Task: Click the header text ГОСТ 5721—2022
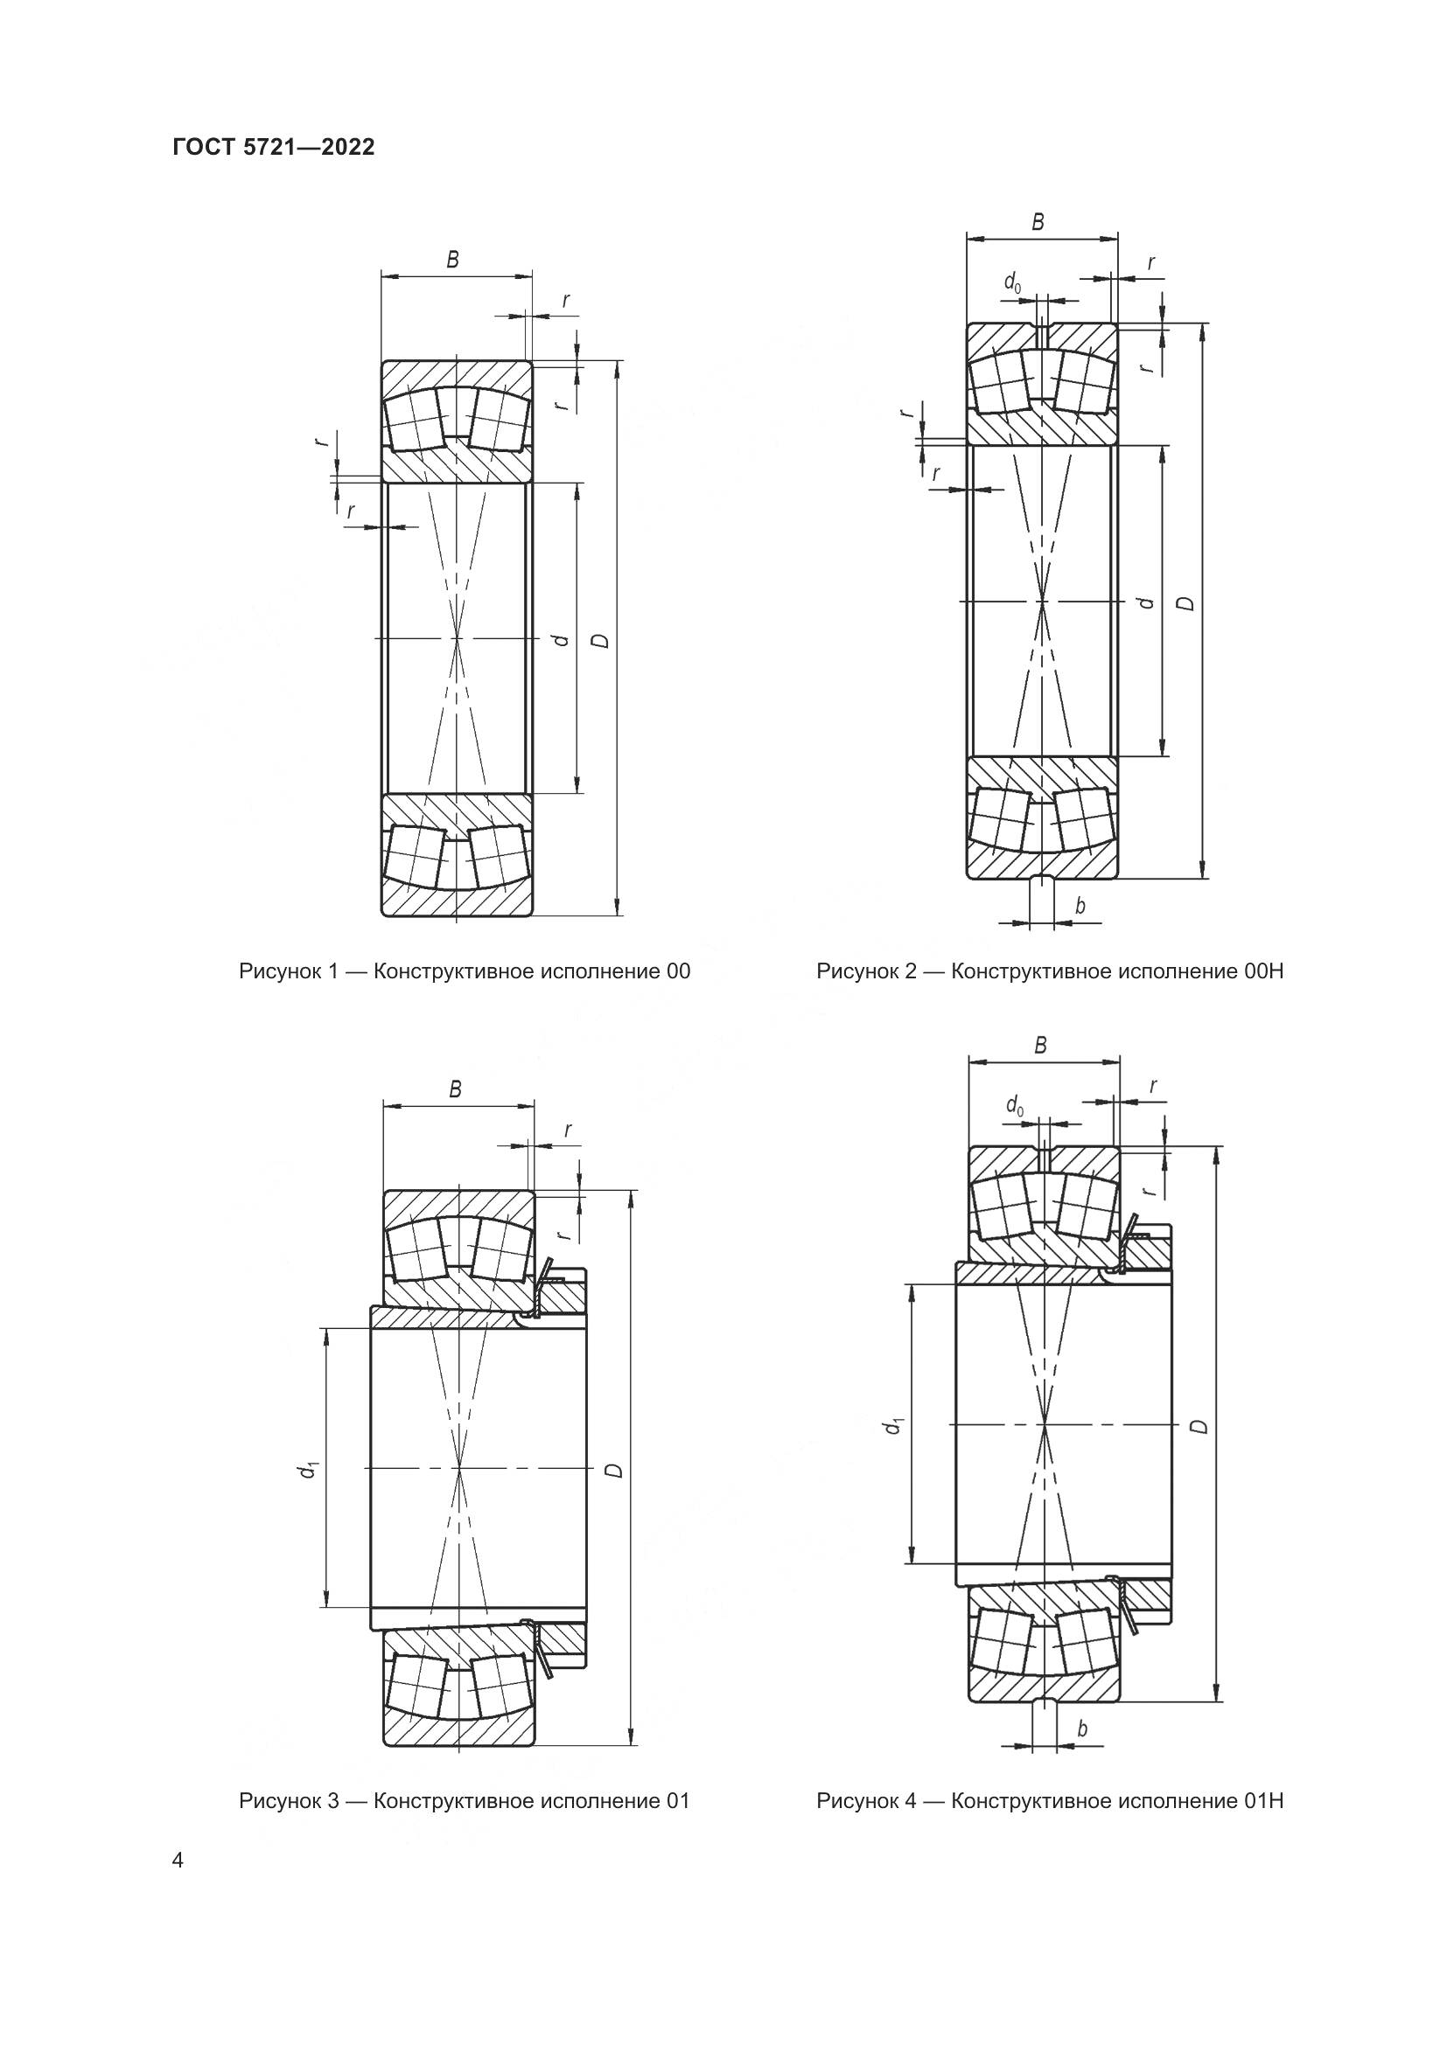coord(274,148)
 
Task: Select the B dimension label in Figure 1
coord(452,260)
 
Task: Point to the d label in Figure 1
coord(560,640)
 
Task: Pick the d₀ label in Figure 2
coord(1013,283)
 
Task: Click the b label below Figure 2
coord(1080,907)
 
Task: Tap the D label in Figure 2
coord(1186,603)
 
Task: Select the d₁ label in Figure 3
coord(308,1470)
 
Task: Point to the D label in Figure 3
coord(614,1470)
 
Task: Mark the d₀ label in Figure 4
coord(1015,1106)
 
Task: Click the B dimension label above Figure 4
coord(1040,1047)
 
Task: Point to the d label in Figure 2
coord(1148,603)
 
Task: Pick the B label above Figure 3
coord(455,1089)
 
